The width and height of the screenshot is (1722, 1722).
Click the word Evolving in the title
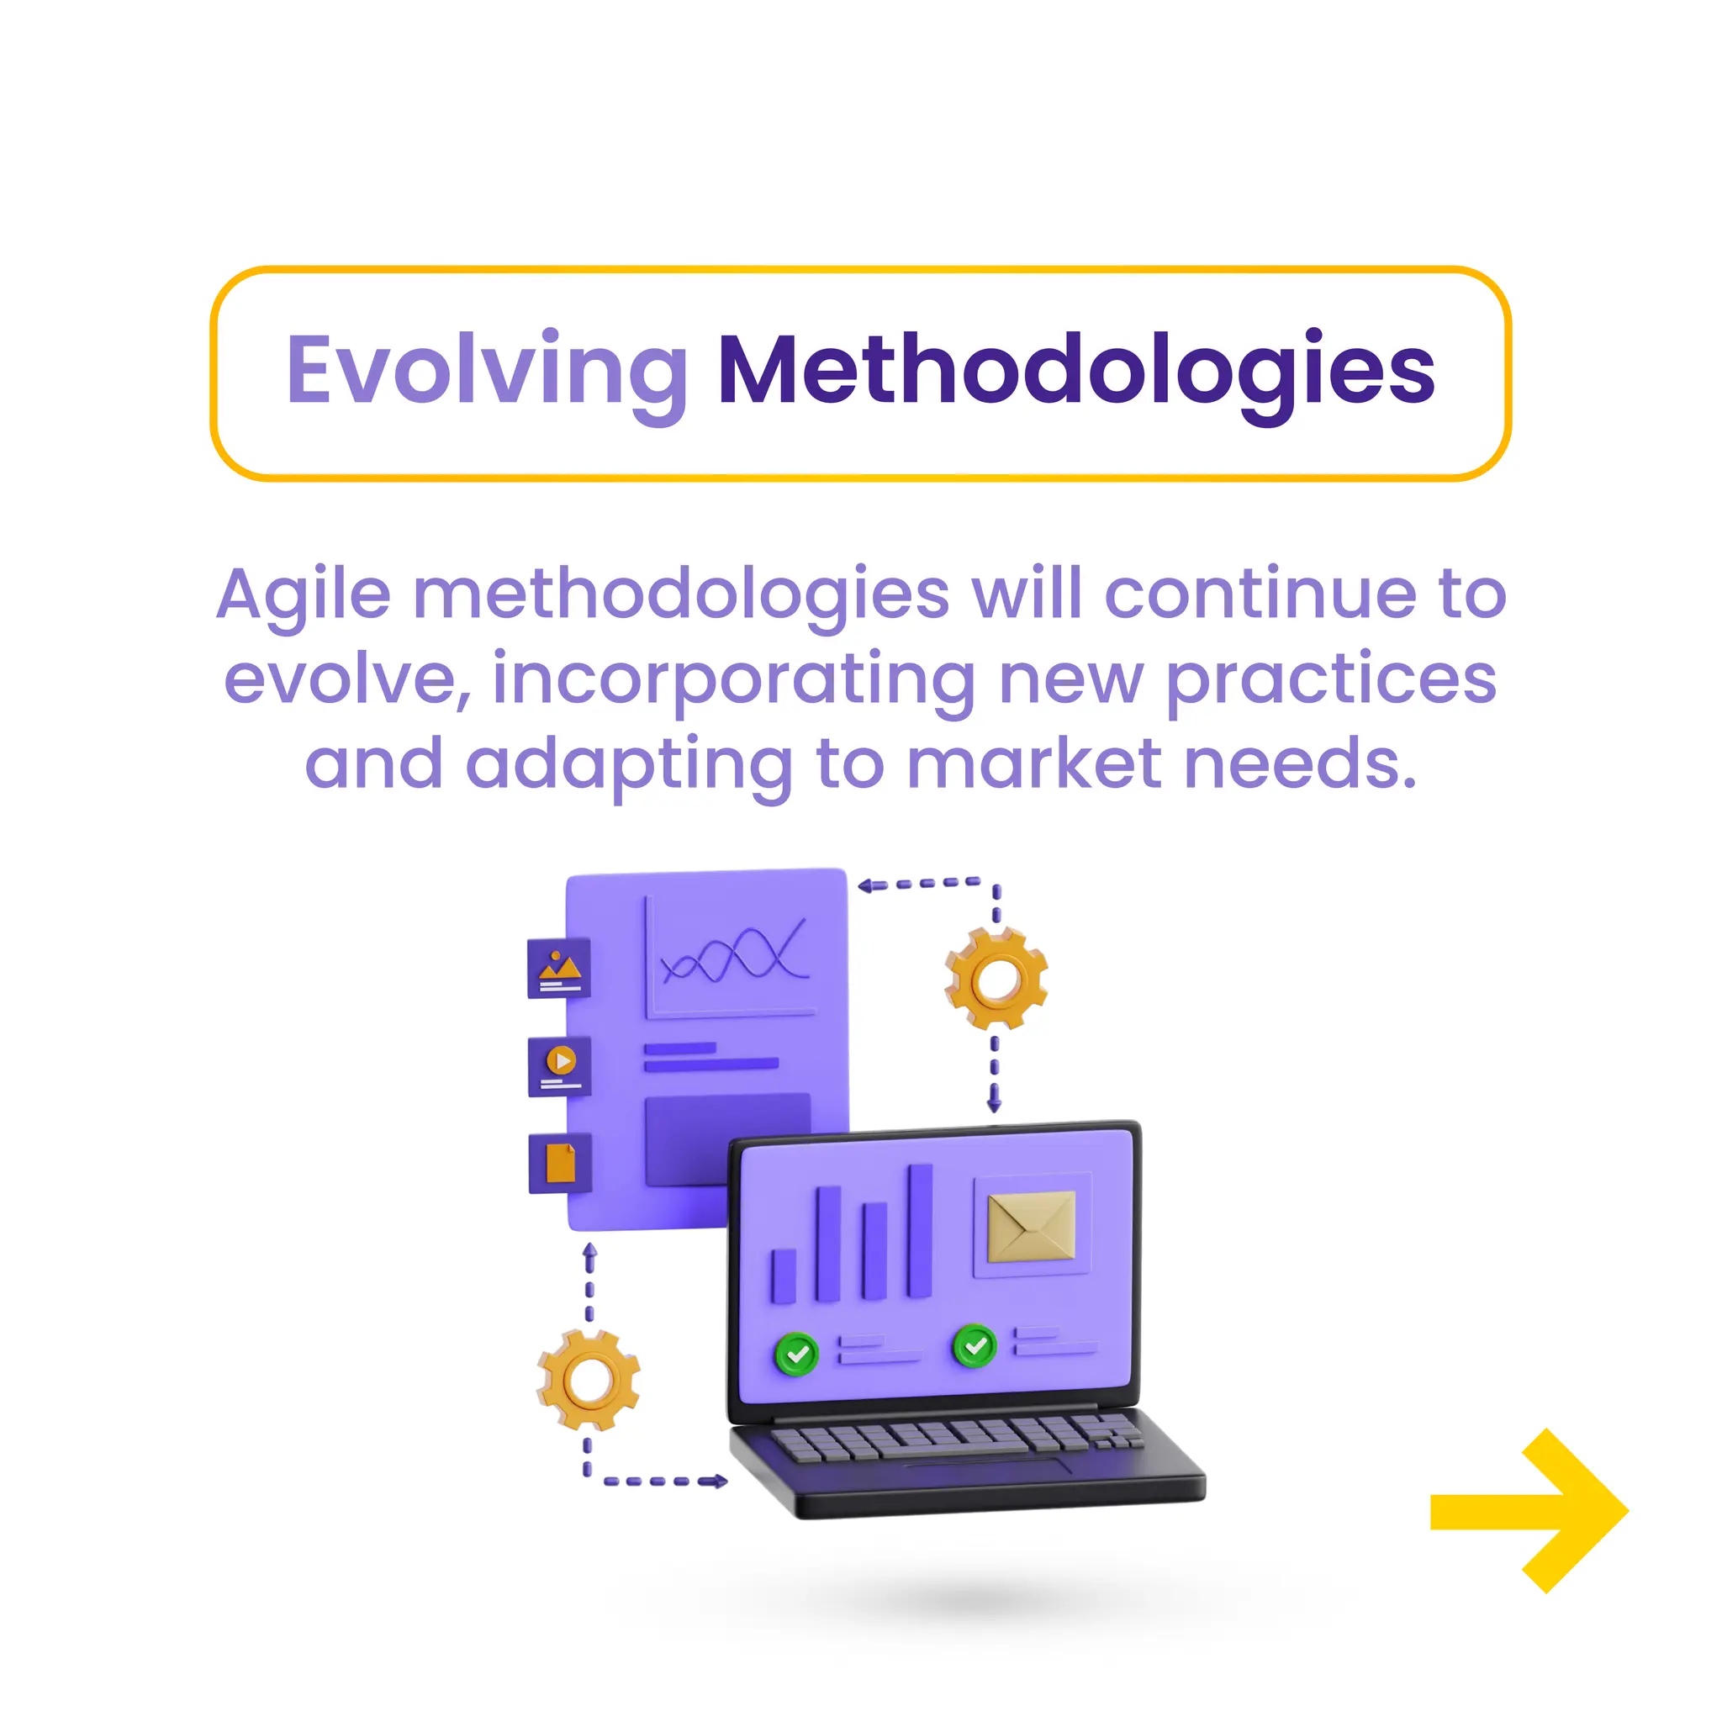pyautogui.click(x=487, y=370)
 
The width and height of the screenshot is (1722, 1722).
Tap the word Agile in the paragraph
pyautogui.click(x=303, y=595)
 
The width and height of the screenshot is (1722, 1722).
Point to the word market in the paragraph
pyautogui.click(x=1034, y=765)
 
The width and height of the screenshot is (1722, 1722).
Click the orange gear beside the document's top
pyautogui.click(x=996, y=980)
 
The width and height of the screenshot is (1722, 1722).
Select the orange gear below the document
pyautogui.click(x=589, y=1381)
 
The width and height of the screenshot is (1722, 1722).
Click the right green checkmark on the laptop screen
pyautogui.click(x=975, y=1346)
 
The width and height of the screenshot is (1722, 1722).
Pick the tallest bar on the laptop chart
pyautogui.click(x=920, y=1231)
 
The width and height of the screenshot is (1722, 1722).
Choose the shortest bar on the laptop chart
pyautogui.click(x=784, y=1276)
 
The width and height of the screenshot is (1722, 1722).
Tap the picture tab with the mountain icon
pyautogui.click(x=559, y=968)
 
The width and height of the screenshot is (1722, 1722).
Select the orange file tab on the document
pyautogui.click(x=560, y=1162)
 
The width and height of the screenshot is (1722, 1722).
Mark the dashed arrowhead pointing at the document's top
pyautogui.click(x=864, y=885)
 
